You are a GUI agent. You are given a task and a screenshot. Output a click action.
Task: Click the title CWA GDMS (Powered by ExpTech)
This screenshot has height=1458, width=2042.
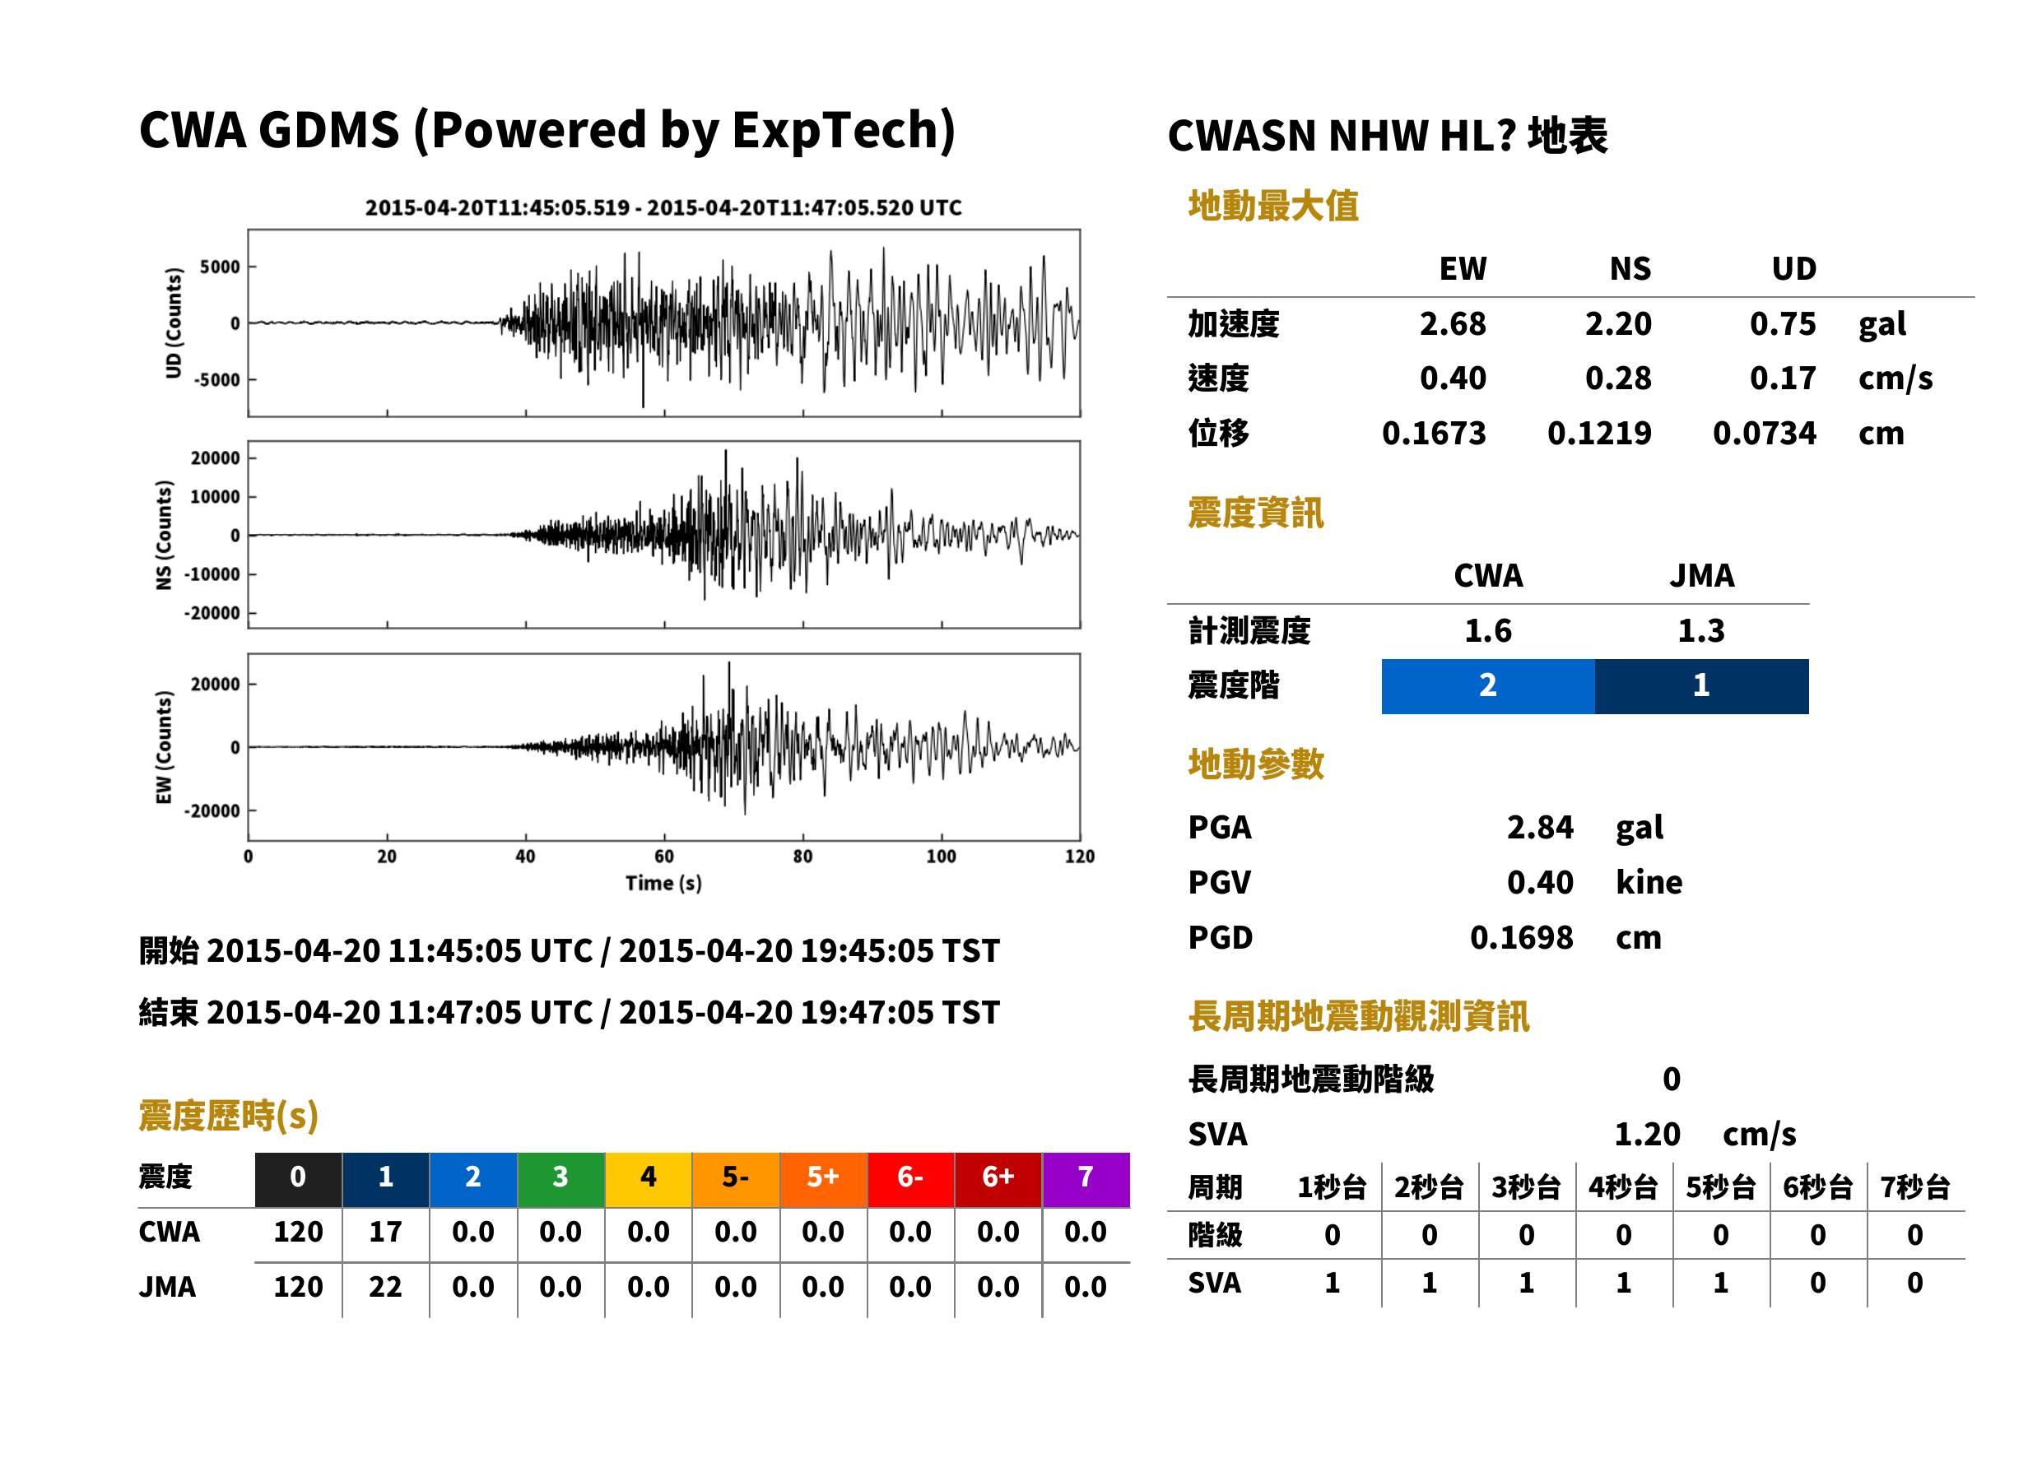pos(547,131)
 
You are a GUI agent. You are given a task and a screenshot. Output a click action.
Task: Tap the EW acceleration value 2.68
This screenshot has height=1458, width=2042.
pos(1452,324)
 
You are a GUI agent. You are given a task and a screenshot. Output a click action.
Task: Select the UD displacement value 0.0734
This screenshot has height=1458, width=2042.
pos(1764,434)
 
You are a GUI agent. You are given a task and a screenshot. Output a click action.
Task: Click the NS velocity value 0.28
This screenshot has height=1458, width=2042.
pos(1617,378)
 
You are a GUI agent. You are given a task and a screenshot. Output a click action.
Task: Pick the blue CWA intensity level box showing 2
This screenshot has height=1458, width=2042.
pos(1488,686)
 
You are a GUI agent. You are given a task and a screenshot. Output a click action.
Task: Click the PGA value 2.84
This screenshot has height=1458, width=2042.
pos(1540,827)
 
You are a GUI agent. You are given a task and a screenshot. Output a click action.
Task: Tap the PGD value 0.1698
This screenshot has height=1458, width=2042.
pos(1521,937)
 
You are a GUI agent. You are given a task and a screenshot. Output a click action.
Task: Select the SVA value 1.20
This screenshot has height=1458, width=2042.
pos(1647,1135)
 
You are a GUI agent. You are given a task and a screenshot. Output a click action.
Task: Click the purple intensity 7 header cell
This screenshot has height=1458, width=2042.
pos(1086,1179)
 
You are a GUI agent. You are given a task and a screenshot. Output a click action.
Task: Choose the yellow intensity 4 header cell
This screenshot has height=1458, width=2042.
pos(649,1179)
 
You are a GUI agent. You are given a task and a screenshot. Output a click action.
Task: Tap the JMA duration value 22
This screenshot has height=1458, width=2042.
pos(385,1288)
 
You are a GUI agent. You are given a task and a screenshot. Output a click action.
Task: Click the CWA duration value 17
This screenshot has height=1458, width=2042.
pos(385,1232)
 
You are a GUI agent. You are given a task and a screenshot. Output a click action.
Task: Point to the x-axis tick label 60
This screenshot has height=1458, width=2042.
pos(663,857)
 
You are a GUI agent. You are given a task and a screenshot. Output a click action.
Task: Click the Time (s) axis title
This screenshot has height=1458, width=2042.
pos(663,884)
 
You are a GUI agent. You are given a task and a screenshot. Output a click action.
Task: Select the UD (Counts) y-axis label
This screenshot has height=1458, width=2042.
pos(174,323)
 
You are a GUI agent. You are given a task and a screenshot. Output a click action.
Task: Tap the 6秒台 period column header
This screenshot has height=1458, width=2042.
pos(1817,1188)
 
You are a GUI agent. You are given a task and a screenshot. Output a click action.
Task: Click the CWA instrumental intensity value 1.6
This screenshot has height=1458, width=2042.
pos(1488,631)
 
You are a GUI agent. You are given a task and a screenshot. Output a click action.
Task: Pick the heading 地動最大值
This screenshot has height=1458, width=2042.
pos(1273,207)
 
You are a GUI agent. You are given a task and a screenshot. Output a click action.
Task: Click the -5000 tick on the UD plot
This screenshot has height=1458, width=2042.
pos(216,380)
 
